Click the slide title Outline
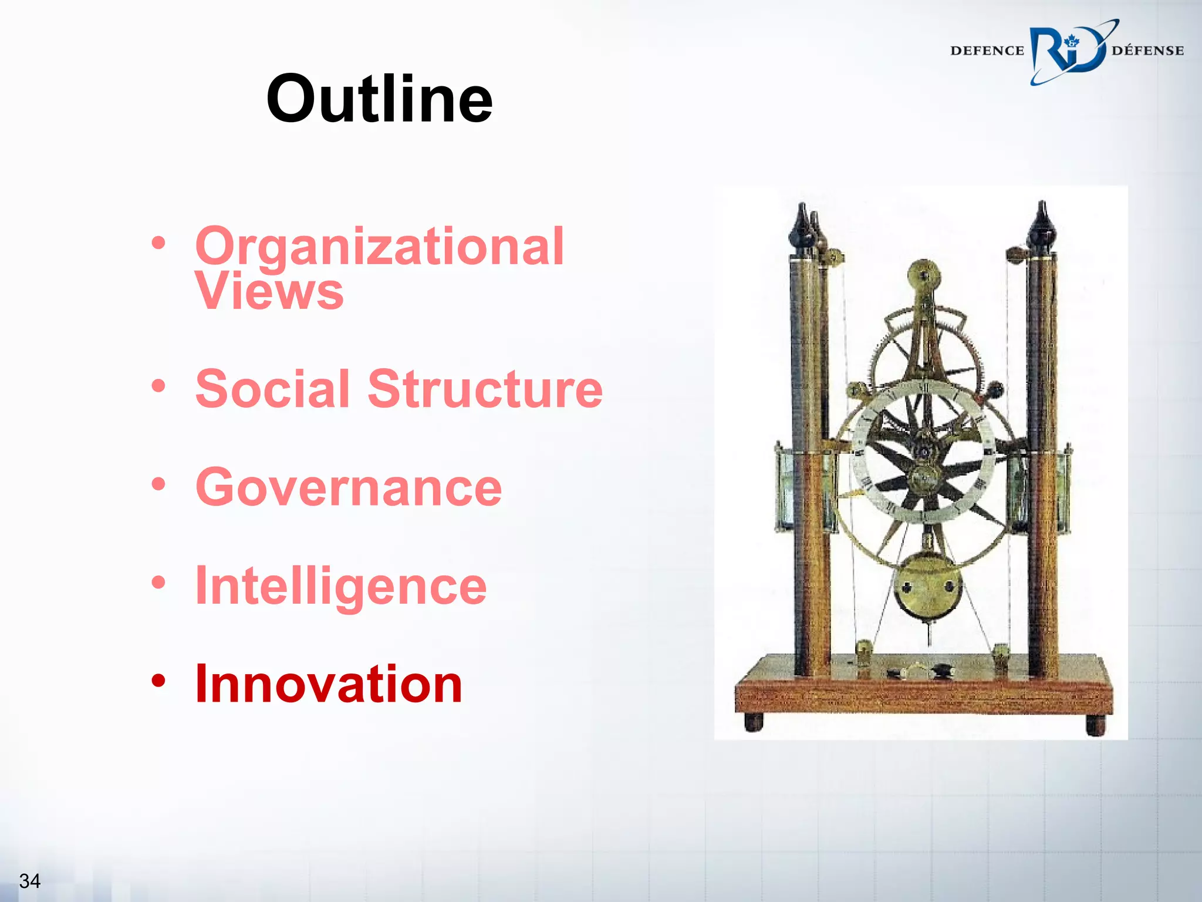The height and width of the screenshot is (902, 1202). [379, 99]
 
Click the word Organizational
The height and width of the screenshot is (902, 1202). [379, 247]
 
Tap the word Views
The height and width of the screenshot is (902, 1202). [269, 291]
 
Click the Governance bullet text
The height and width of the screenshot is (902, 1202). [349, 487]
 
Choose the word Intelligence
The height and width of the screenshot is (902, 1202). [340, 585]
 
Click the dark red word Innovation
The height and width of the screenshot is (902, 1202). [329, 684]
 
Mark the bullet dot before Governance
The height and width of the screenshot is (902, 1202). [158, 484]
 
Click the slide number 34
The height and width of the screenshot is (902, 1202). [29, 881]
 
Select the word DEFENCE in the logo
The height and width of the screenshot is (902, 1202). [987, 51]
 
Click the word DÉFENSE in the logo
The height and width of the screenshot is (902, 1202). [1147, 51]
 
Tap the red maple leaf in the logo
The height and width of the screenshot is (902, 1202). [1072, 41]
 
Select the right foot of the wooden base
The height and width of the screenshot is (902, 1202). [1095, 725]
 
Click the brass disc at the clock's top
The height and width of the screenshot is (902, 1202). [924, 275]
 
